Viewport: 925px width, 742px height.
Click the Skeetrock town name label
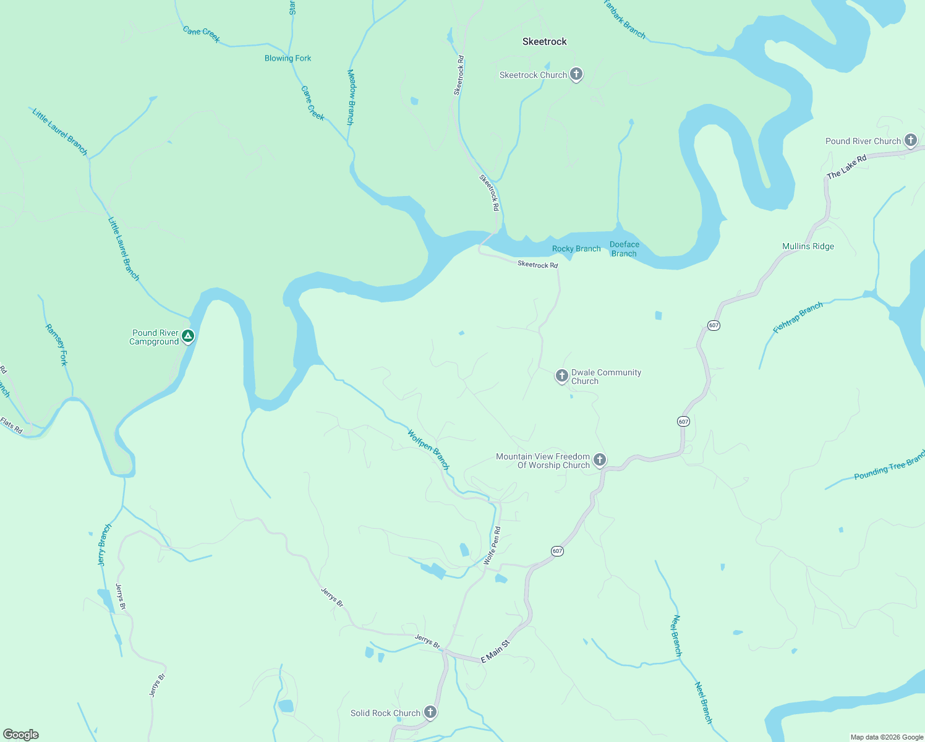544,41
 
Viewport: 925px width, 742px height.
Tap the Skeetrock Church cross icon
576,75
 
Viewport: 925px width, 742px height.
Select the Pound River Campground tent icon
189,336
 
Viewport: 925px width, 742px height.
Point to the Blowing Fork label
288,58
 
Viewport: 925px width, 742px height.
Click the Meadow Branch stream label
351,97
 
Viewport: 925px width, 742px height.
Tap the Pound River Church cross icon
910,140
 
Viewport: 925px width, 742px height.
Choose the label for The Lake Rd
846,167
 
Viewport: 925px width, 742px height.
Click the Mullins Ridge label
808,246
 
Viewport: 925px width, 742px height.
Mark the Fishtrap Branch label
798,317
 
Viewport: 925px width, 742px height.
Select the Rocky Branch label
576,249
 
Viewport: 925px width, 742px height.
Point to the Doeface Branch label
624,249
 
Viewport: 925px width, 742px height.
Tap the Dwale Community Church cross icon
561,376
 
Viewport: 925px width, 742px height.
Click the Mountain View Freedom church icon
599,460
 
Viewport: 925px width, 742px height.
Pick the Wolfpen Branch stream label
428,449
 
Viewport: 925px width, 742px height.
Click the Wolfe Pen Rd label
492,545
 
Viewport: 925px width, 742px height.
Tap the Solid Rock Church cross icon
430,712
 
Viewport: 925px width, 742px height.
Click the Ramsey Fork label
56,344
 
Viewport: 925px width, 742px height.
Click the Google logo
21,734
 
